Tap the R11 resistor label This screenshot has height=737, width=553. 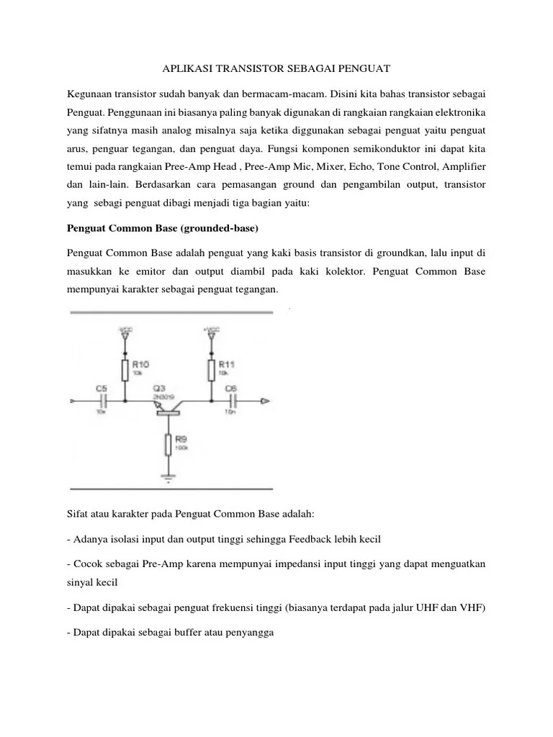[x=225, y=365]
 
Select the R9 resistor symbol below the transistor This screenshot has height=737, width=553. [x=168, y=446]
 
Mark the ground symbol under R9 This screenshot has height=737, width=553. [x=168, y=477]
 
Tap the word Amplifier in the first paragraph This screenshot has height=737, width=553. [x=462, y=168]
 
